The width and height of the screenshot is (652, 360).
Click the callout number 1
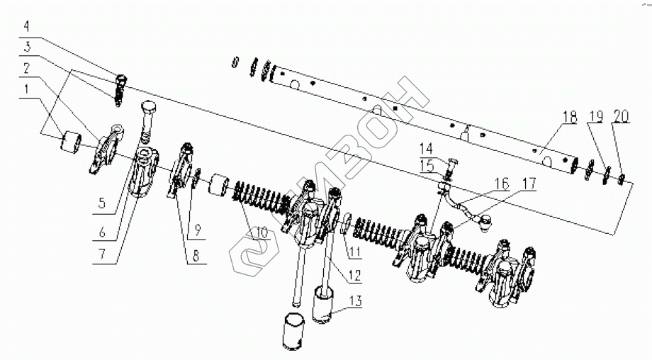26,90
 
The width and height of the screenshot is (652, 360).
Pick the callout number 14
427,149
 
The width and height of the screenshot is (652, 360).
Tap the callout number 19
596,116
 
